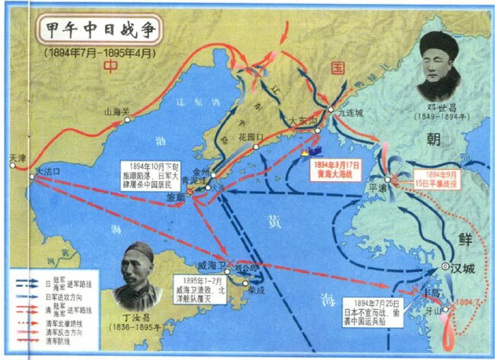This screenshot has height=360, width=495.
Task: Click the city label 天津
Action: coord(18,159)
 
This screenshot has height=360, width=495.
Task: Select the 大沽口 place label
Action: coord(47,169)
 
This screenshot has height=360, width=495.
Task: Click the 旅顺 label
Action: coord(175,198)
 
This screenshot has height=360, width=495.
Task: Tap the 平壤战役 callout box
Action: coord(438,178)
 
